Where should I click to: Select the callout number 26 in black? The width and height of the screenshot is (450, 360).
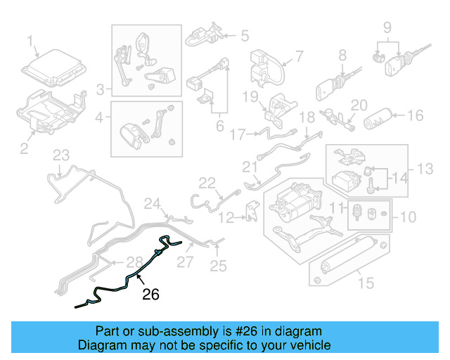click(150, 295)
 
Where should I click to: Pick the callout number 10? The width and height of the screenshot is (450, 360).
click(409, 217)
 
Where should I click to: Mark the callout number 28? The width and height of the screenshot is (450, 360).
click(134, 262)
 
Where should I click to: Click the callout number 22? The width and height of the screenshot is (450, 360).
click(206, 184)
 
